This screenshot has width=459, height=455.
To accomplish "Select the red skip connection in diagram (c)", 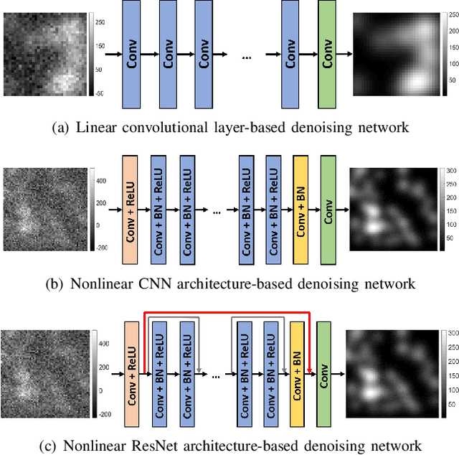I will [227, 312].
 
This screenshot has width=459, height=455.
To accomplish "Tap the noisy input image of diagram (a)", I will [46, 55].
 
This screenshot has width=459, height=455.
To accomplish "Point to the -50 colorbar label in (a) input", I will [98, 93].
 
